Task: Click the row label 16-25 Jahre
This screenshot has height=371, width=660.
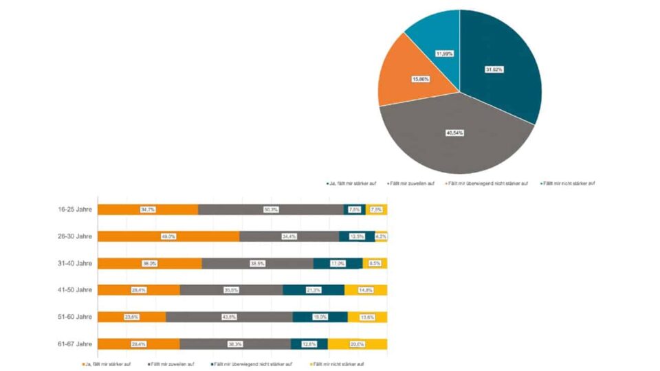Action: (x=75, y=210)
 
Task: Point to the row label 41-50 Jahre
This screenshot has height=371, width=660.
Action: (x=75, y=290)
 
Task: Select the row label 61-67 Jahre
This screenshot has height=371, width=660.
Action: (x=75, y=344)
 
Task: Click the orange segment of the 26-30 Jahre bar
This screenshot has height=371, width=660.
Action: (x=168, y=236)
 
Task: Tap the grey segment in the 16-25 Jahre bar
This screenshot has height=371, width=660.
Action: (x=271, y=210)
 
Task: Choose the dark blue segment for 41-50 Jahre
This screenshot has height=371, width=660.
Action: (x=313, y=290)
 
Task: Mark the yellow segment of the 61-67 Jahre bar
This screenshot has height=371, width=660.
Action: (x=357, y=344)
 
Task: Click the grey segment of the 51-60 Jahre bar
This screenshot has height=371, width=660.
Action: (x=229, y=317)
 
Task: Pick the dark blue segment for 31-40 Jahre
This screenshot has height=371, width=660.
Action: (x=338, y=263)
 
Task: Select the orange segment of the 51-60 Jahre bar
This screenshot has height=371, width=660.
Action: (x=131, y=317)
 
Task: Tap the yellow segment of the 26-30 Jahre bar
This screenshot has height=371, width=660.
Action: (x=382, y=236)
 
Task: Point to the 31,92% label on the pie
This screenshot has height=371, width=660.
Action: (x=494, y=69)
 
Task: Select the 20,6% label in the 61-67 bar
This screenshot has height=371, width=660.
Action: (x=357, y=344)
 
